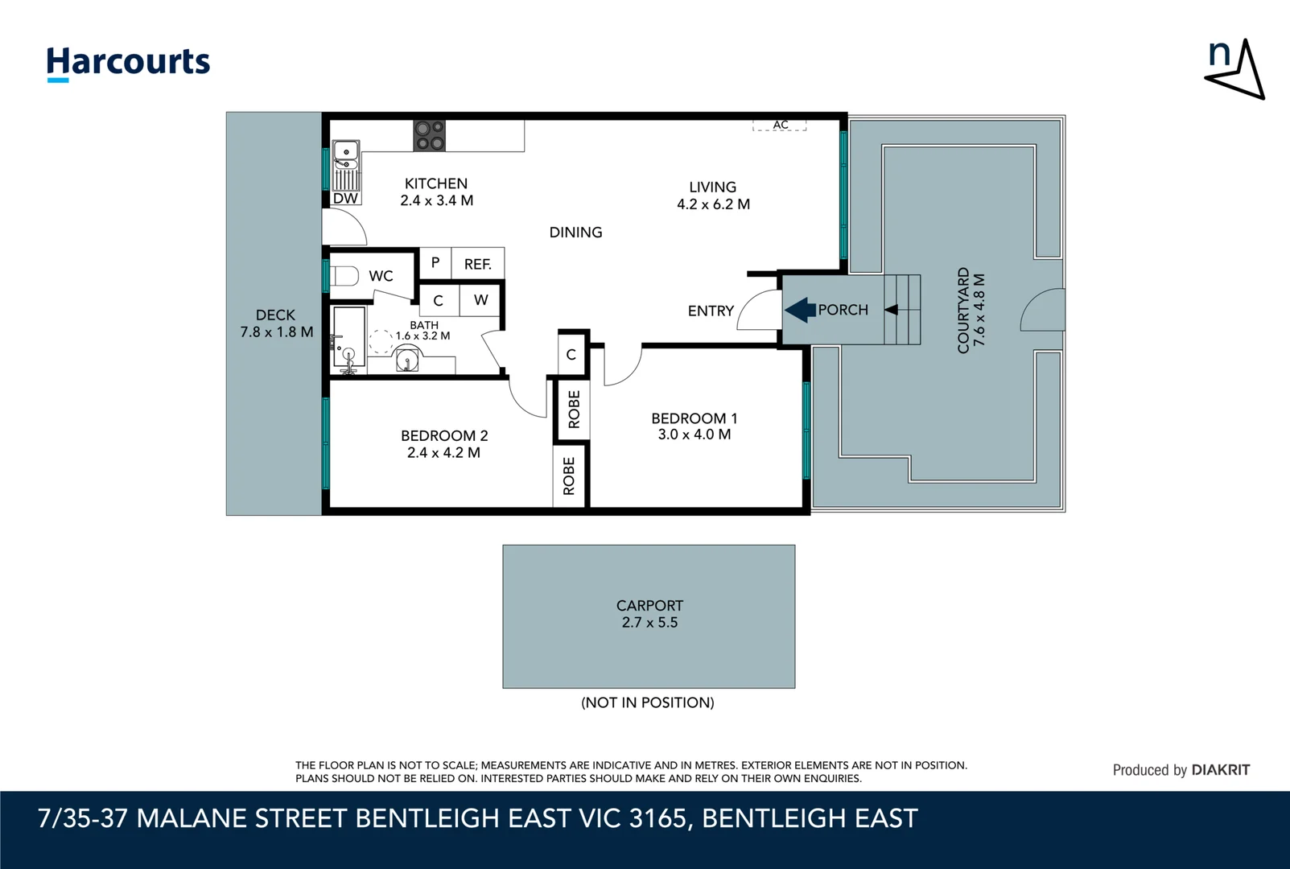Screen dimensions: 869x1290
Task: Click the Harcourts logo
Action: coord(128,63)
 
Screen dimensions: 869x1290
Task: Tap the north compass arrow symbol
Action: coord(1237,70)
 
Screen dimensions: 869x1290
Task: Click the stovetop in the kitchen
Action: coord(429,135)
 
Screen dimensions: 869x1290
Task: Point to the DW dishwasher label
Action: coord(345,199)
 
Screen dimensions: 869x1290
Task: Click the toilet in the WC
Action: coord(344,276)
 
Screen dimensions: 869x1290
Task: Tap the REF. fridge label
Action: coord(477,264)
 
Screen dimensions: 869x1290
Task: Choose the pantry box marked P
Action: coord(435,262)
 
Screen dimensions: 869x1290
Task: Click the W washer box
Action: coord(481,300)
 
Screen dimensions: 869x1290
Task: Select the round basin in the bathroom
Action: coord(408,360)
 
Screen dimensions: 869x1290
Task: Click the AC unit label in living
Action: coord(780,125)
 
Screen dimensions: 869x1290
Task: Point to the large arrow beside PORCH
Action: coord(800,310)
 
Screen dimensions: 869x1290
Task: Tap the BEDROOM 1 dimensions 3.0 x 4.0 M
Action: coord(694,434)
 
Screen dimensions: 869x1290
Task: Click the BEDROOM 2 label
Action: coord(444,435)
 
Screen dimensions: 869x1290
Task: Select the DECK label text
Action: coord(275,315)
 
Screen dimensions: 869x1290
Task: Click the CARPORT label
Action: coord(649,605)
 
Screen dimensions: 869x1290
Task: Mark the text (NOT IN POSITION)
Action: coord(648,702)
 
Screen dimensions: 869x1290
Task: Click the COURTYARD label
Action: coord(963,311)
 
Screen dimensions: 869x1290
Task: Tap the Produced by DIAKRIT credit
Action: coord(1181,770)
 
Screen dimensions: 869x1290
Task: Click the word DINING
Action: coord(575,233)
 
